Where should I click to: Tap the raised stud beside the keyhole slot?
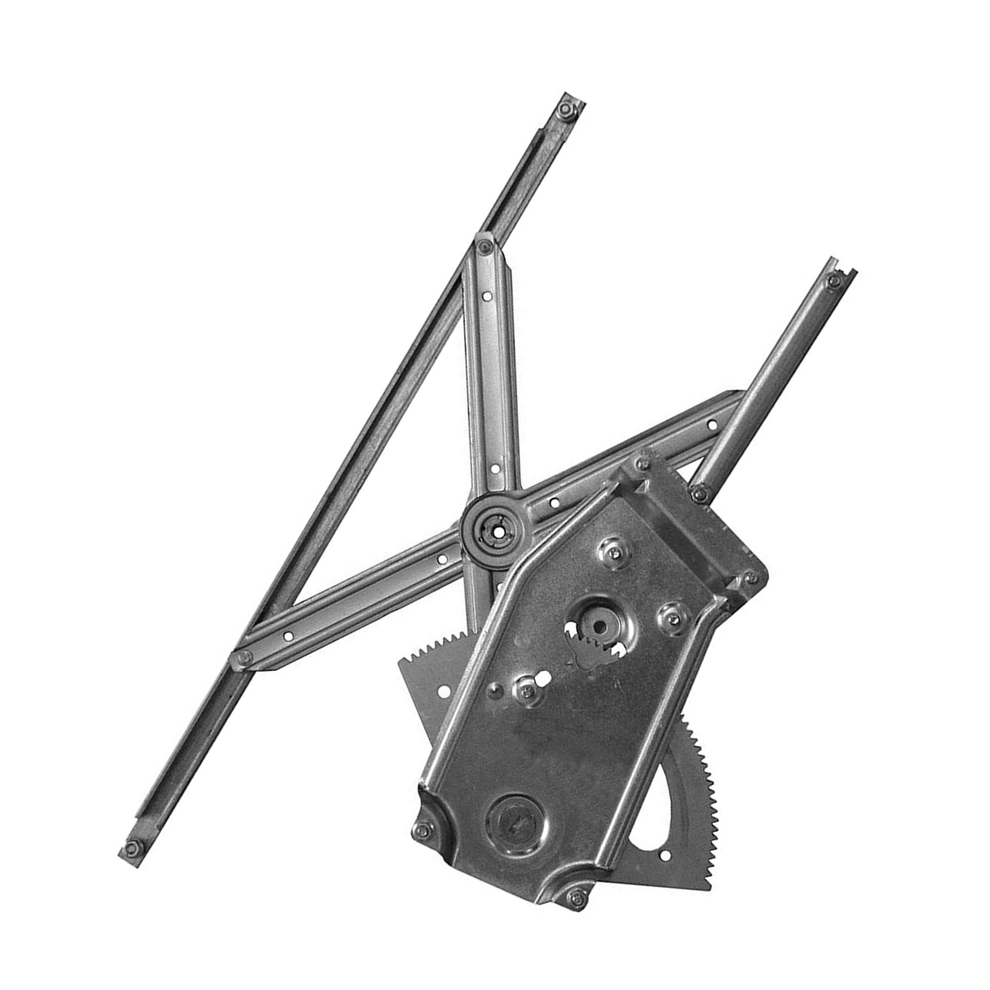coord(525,690)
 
